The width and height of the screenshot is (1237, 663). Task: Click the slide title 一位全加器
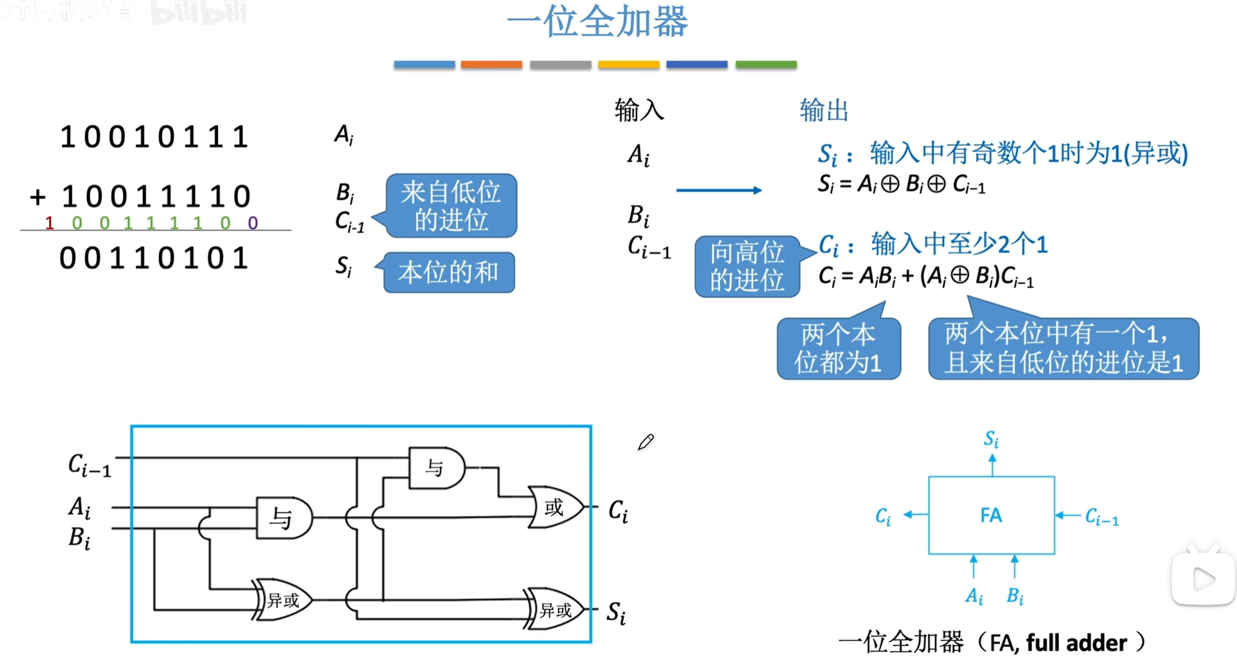[597, 21]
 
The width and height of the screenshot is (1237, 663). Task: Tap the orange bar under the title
[491, 64]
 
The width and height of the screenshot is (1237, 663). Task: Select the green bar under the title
[766, 64]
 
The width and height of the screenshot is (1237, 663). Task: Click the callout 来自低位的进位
[451, 206]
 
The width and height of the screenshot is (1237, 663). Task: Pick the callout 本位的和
[448, 272]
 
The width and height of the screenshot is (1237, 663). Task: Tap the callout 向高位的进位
[747, 267]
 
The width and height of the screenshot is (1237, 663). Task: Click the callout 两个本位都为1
[838, 349]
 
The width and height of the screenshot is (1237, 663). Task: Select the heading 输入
[639, 110]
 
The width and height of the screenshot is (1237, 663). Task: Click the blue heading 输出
[824, 110]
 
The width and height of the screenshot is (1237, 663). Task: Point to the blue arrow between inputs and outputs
[719, 190]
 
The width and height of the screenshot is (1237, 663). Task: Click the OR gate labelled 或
[555, 507]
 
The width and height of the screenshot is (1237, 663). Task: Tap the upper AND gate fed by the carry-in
[436, 468]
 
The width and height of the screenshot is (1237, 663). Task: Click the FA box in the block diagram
[991, 515]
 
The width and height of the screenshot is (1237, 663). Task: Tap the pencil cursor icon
[646, 442]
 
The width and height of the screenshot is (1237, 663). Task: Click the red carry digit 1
[49, 223]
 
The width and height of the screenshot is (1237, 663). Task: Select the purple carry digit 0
[253, 223]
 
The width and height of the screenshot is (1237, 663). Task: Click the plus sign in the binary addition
[38, 197]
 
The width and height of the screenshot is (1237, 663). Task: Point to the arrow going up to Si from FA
[992, 465]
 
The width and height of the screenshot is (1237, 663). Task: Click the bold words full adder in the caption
[1076, 644]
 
